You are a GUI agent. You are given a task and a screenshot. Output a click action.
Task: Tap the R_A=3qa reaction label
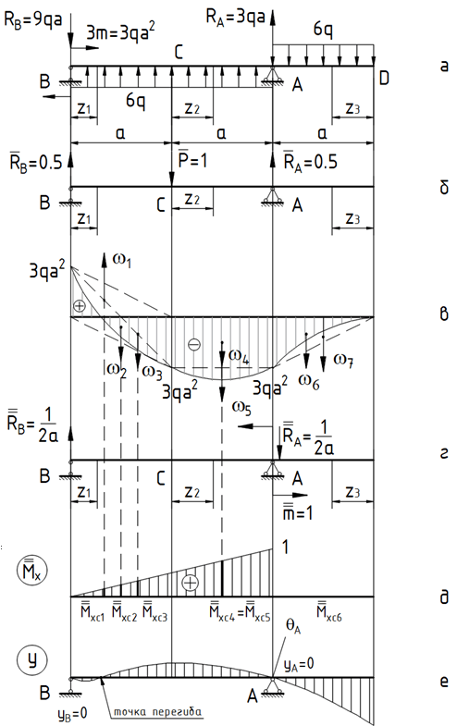[235, 17]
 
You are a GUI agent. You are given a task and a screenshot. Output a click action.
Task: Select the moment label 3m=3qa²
[120, 33]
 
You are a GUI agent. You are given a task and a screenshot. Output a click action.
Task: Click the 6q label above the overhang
[323, 31]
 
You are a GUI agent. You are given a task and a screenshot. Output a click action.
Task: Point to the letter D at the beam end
[384, 79]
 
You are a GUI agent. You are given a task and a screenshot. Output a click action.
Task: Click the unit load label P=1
[192, 160]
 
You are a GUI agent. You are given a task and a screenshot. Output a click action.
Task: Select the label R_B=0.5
[36, 162]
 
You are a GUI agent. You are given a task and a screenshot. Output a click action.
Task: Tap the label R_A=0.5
[310, 161]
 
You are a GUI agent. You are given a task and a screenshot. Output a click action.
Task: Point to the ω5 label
[241, 408]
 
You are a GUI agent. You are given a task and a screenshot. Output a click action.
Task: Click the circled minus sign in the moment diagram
[194, 345]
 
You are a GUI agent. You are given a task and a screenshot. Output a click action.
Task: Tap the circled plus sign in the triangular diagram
[191, 583]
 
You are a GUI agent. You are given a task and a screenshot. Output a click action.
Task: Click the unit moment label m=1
[298, 511]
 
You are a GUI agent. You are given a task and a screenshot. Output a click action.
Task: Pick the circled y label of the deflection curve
[32, 659]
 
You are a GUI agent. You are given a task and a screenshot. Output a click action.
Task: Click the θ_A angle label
[293, 627]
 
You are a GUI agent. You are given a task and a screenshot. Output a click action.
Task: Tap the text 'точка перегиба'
[158, 710]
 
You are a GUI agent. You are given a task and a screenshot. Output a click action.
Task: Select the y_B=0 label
[72, 713]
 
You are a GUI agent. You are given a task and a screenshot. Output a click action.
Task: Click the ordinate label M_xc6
[329, 611]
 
